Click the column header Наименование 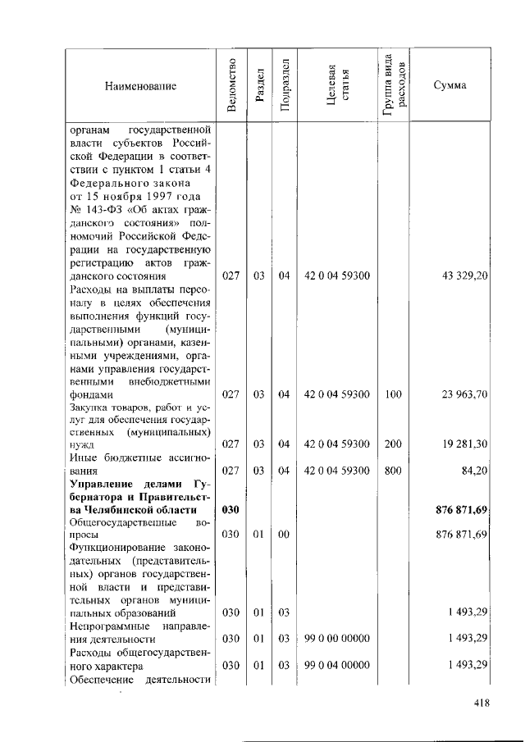140,85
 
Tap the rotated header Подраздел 284,85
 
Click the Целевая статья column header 337,85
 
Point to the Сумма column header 450,85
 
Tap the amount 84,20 475,471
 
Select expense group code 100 393,394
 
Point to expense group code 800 393,471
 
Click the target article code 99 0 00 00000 336,638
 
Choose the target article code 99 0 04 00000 336,665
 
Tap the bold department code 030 231,510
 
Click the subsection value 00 284,535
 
